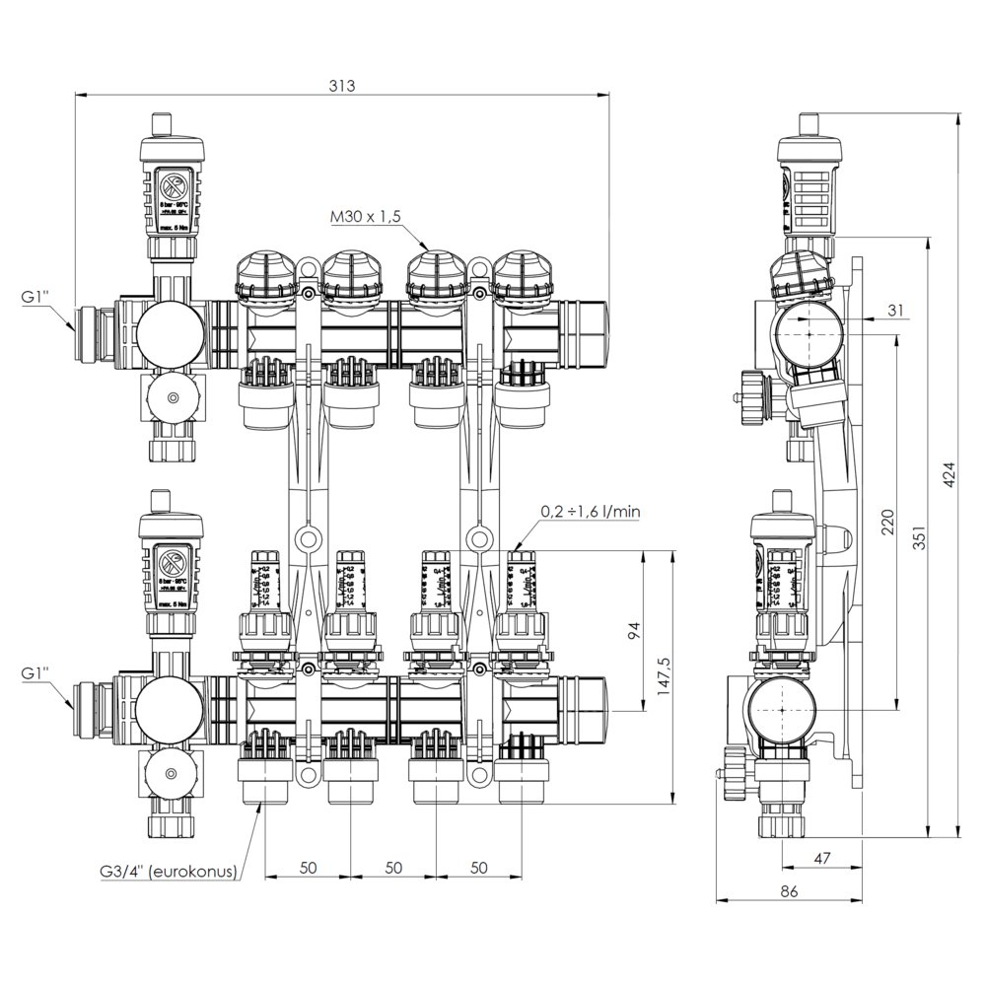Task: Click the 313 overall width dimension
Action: [x=342, y=86]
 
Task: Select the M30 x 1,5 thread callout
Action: [x=368, y=217]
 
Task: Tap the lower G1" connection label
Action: [x=37, y=672]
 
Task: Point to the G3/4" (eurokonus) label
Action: [x=168, y=872]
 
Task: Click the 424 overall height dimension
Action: [x=949, y=479]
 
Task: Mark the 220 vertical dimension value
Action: [x=886, y=523]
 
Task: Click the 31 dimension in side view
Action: [x=894, y=311]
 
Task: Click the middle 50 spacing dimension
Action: [x=393, y=867]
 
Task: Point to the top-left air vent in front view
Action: [x=173, y=182]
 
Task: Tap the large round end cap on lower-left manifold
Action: [x=163, y=707]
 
